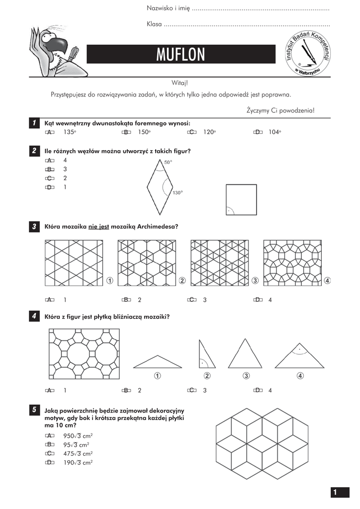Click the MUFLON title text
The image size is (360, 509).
[x=180, y=55]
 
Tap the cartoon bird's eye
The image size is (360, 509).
[x=48, y=35]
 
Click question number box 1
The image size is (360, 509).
[x=34, y=123]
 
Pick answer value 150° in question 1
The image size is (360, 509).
[x=144, y=132]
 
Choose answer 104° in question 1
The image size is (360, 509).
[x=274, y=132]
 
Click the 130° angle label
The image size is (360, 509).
[x=178, y=192]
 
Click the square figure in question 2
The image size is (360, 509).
[x=242, y=199]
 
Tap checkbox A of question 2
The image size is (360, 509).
[x=49, y=160]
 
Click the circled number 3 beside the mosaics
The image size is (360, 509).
[x=255, y=281]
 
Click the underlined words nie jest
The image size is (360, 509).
[x=98, y=227]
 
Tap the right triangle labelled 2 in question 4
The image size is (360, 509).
[x=206, y=353]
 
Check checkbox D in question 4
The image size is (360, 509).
[x=258, y=390]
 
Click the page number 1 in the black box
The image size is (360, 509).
[x=336, y=492]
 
